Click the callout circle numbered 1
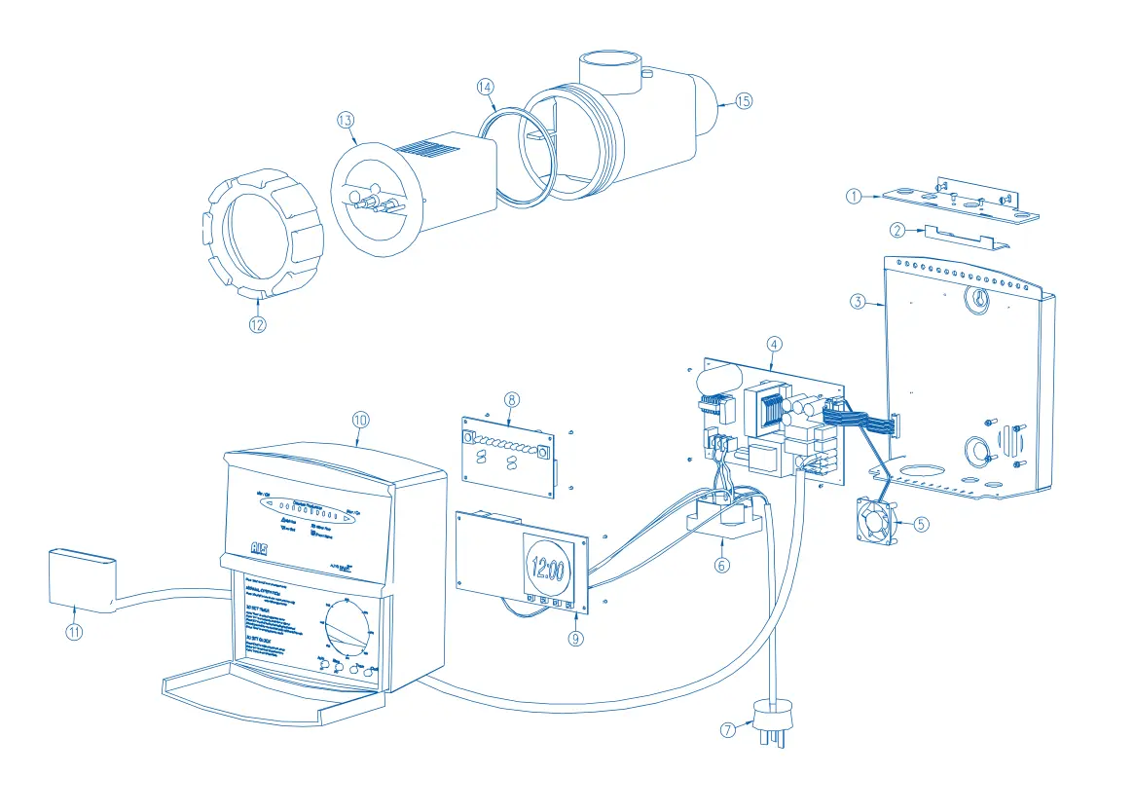pos(854,197)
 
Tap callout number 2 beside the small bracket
pos(898,230)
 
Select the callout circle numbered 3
pos(858,302)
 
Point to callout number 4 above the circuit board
pos(774,344)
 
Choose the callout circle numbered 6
pos(721,566)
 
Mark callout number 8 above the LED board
pos(513,399)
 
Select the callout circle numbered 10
pos(361,420)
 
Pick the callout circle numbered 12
pos(257,325)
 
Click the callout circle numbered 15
pos(745,101)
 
